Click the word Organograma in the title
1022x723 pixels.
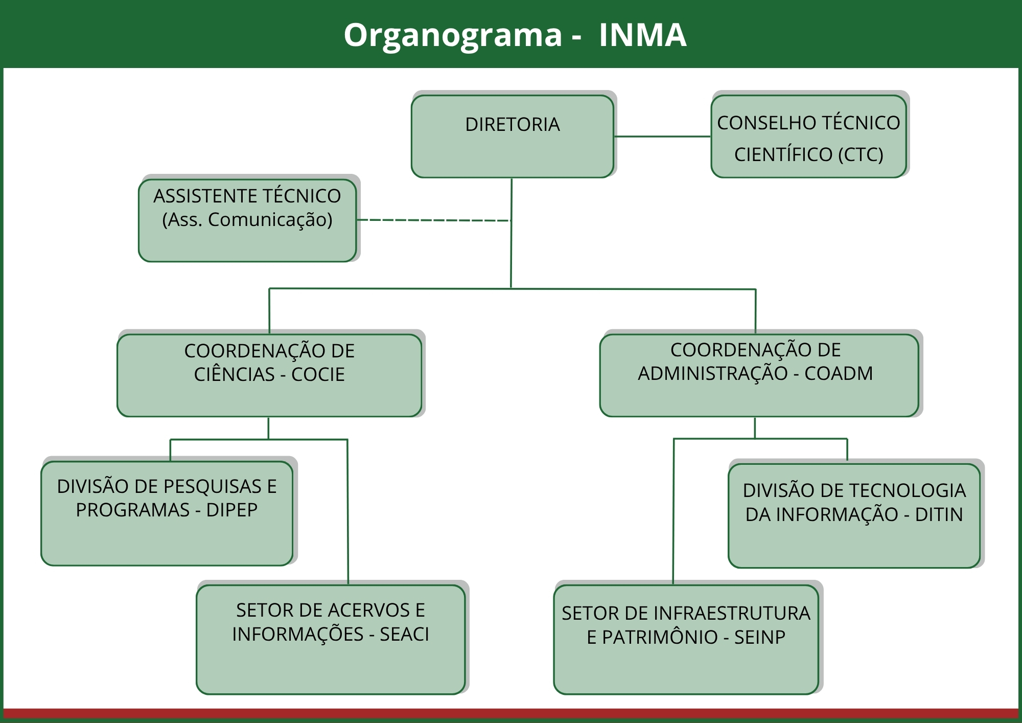coord(453,35)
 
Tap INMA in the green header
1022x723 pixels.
coord(642,35)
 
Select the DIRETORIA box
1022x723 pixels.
coord(512,137)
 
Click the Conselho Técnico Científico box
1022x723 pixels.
coord(808,137)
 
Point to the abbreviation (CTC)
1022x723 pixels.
coord(861,154)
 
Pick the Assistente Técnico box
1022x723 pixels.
coord(247,220)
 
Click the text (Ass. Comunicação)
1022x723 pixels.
coord(247,220)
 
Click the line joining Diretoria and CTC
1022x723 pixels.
coord(662,137)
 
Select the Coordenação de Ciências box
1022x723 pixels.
coord(269,375)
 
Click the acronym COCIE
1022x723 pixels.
coord(318,375)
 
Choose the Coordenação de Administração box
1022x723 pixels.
coord(759,375)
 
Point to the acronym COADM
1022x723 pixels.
coord(839,374)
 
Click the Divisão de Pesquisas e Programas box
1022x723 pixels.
coord(167,513)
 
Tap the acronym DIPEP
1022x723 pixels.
coord(231,510)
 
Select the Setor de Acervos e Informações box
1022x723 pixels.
coord(331,639)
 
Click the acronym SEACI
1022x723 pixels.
coord(404,635)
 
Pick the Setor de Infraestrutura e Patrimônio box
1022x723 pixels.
coord(686,639)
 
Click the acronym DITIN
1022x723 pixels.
coord(939,514)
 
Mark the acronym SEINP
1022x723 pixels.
coord(759,638)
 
